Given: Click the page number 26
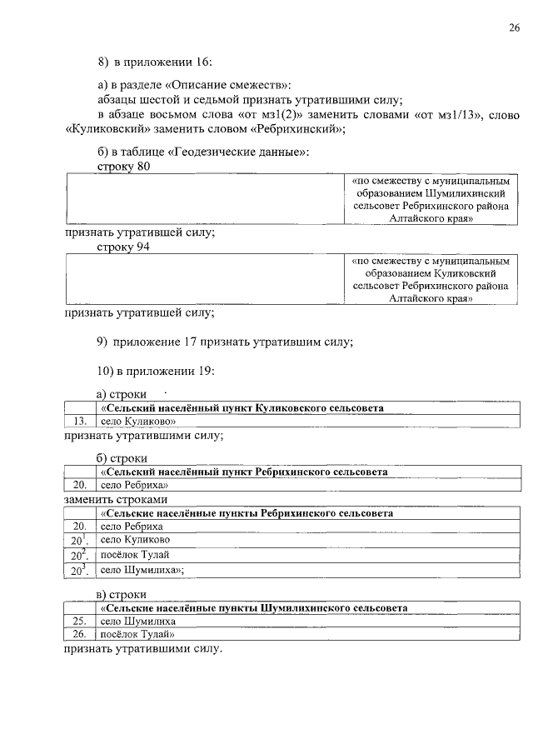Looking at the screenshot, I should click(514, 28).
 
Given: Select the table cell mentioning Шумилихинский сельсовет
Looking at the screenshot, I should click(431, 199).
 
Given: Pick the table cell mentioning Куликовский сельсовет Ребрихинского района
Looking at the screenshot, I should click(431, 279).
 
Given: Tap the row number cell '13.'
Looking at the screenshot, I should click(80, 422).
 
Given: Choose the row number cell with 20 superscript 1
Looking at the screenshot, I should click(80, 541).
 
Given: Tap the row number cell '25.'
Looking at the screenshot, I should click(80, 621).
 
